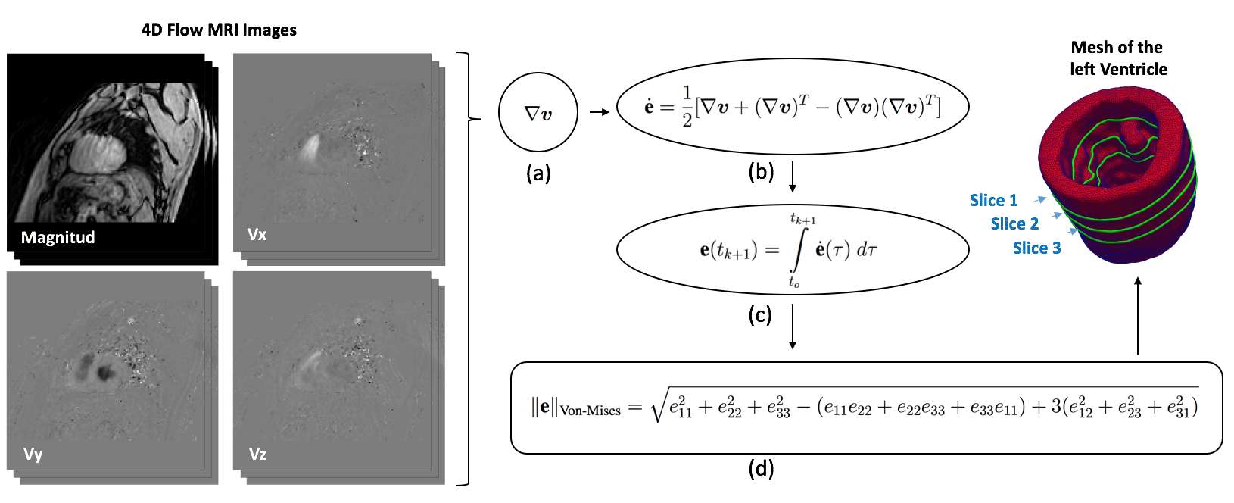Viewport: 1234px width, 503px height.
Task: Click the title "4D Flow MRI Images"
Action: [219, 30]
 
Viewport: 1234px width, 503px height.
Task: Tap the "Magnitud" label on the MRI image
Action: [58, 238]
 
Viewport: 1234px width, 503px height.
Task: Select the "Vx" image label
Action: [257, 235]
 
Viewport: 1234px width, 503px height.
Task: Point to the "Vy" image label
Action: [33, 455]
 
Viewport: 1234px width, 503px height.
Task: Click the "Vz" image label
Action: [257, 455]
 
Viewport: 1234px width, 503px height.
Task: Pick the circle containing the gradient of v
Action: [538, 114]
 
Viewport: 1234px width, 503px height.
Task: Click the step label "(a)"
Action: [538, 173]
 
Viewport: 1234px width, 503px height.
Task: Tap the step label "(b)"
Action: [761, 172]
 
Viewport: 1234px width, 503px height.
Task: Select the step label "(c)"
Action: [759, 314]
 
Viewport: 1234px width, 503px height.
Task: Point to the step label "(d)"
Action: [761, 469]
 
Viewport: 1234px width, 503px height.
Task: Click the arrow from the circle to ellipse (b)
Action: [599, 113]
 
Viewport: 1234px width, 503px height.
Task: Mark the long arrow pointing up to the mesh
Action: [1137, 315]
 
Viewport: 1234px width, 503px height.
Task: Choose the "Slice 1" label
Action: [993, 201]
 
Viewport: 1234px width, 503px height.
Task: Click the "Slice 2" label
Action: [1014, 224]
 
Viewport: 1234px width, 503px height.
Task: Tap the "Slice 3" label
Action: [1036, 248]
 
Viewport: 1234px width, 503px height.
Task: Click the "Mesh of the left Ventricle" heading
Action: [1117, 58]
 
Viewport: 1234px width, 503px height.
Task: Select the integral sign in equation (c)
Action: [796, 250]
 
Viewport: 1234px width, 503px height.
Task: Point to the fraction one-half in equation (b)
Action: [687, 107]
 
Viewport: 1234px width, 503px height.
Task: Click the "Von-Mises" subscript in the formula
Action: [590, 411]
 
